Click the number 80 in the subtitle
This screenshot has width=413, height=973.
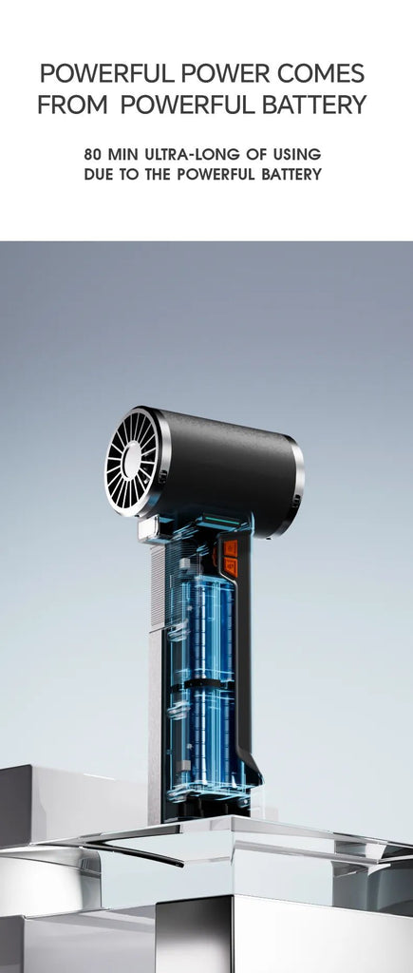(92, 154)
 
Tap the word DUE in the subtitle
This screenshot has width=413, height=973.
(98, 175)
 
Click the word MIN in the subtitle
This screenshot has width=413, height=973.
(124, 154)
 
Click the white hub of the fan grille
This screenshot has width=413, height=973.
(132, 460)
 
